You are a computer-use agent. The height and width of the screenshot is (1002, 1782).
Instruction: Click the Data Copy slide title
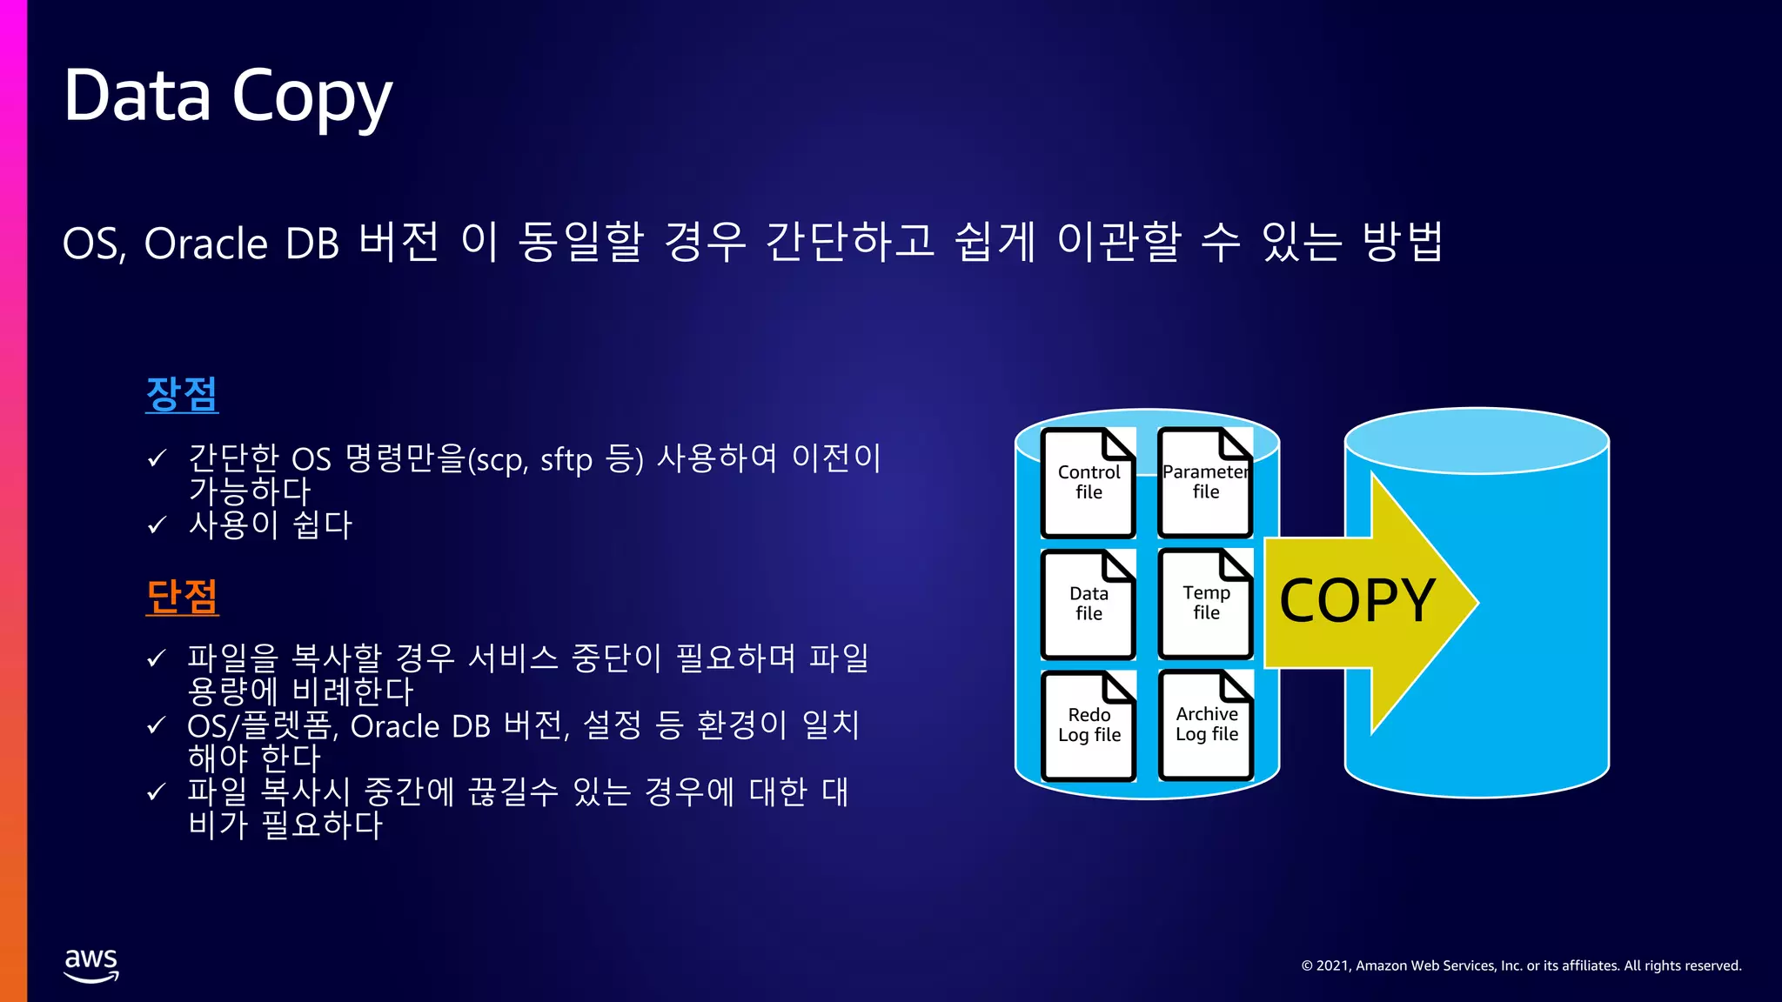coord(228,96)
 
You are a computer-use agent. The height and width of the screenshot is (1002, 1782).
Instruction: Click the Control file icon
coord(1089,483)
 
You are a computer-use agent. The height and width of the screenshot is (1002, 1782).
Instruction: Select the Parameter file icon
coord(1206,483)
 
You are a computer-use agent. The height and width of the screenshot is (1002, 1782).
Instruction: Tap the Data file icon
coord(1089,604)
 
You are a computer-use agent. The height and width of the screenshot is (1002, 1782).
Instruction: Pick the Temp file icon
coord(1206,604)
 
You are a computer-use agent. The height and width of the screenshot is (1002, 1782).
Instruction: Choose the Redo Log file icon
coord(1089,725)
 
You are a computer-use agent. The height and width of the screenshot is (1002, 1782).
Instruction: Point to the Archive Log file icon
coord(1206,725)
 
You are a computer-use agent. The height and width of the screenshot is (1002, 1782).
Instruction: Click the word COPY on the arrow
coord(1357,601)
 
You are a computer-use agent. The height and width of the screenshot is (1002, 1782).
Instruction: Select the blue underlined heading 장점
coord(182,394)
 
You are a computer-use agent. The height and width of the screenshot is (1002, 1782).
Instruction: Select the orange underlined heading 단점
coord(182,597)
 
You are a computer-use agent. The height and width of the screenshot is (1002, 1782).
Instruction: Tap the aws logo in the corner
coord(91,965)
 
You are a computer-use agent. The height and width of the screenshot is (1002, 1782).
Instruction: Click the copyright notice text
coord(1521,965)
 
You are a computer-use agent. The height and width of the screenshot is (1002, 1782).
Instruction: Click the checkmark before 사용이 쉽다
coord(157,525)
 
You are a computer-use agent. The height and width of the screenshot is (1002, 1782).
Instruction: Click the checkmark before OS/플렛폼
coord(157,725)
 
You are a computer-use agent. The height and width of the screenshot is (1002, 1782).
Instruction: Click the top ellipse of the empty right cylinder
coord(1477,441)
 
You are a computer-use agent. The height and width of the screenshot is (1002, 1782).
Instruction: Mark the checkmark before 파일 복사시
coord(157,792)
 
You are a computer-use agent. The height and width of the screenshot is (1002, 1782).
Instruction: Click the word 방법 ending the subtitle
coord(1403,242)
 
